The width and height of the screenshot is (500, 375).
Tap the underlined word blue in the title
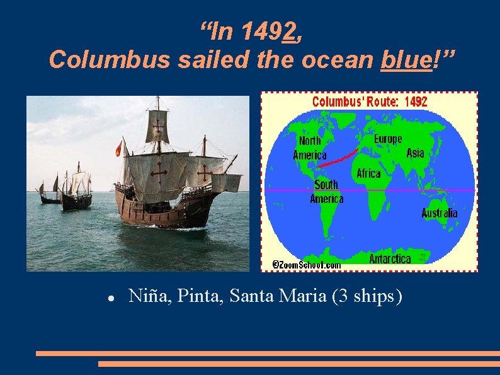(406, 59)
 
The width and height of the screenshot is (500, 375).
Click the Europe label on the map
(387, 139)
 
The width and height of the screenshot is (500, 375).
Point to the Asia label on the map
(415, 153)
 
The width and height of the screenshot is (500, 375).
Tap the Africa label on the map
(368, 173)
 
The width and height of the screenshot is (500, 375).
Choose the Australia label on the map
(440, 213)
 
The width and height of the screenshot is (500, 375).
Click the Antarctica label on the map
(390, 258)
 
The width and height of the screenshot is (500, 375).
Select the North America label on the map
(309, 148)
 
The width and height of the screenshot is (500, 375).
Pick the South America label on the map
(326, 191)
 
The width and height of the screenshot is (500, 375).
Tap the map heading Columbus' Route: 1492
(370, 102)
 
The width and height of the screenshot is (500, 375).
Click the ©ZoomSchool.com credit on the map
(306, 265)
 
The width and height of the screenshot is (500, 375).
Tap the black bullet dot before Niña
(110, 296)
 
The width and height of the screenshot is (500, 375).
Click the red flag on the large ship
(118, 149)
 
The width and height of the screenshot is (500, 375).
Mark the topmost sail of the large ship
(157, 125)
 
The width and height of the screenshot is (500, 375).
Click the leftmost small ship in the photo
(49, 194)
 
